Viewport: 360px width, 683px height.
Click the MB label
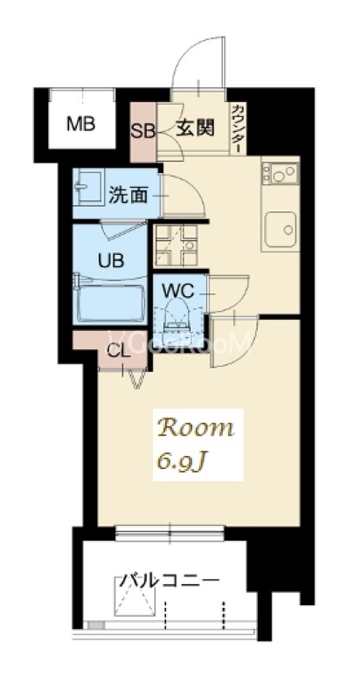(80, 124)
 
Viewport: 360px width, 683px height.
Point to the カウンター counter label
(238, 128)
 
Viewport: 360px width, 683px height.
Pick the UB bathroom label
(111, 260)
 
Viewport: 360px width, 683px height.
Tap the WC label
(178, 292)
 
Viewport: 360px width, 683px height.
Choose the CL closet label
(119, 351)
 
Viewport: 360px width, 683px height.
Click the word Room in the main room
(196, 428)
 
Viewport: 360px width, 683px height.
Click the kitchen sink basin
(280, 229)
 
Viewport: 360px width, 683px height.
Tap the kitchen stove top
(280, 173)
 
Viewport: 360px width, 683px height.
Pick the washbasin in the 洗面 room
(89, 187)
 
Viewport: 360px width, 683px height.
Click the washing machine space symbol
(177, 245)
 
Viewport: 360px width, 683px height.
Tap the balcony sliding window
(170, 533)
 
